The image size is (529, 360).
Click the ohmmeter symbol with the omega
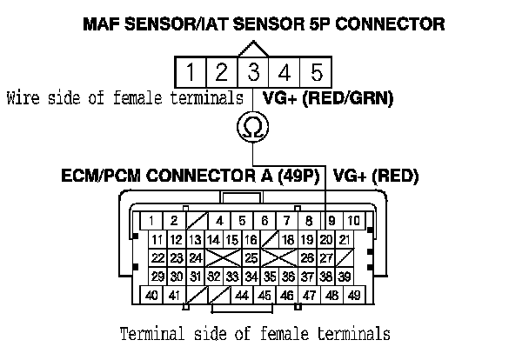(253, 127)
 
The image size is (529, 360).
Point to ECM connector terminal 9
(331, 221)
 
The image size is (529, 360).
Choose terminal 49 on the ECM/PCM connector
(354, 296)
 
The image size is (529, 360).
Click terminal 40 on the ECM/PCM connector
(151, 296)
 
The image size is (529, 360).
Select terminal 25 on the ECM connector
(251, 258)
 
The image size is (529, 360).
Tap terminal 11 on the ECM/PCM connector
(157, 240)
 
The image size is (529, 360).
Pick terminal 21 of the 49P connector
(345, 240)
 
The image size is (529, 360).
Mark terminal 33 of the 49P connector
(232, 277)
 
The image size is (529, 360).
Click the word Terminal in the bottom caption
(148, 334)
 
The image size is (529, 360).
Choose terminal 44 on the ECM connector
(242, 296)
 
